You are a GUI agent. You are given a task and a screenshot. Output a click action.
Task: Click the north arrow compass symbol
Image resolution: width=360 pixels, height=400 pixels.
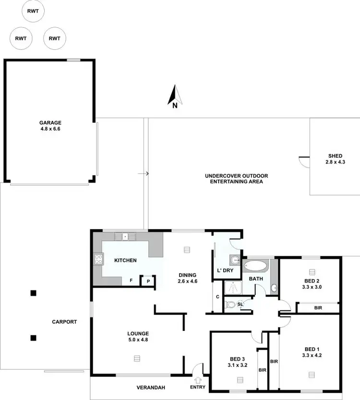174,95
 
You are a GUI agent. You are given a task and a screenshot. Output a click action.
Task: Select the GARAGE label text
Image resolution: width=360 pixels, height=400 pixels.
50,123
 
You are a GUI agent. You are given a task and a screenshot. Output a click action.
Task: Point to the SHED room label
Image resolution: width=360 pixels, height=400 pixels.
335,156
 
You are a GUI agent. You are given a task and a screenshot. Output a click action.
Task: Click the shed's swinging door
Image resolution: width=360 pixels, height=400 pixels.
304,162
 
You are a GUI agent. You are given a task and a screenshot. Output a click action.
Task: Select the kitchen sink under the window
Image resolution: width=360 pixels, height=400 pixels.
125,236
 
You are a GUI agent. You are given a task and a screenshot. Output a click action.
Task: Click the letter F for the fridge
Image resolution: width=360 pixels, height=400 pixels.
131,281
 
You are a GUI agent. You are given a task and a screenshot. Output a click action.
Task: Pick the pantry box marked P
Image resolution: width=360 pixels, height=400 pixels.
148,282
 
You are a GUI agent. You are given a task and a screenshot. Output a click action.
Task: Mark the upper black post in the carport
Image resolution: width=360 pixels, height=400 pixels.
33,293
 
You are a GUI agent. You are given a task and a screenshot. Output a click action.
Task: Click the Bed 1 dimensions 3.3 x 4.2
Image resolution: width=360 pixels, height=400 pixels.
312,356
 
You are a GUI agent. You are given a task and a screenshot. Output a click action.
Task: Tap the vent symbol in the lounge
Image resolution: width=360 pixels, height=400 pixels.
137,358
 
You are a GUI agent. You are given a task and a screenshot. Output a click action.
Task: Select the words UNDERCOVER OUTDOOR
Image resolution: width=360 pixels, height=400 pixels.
236,176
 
